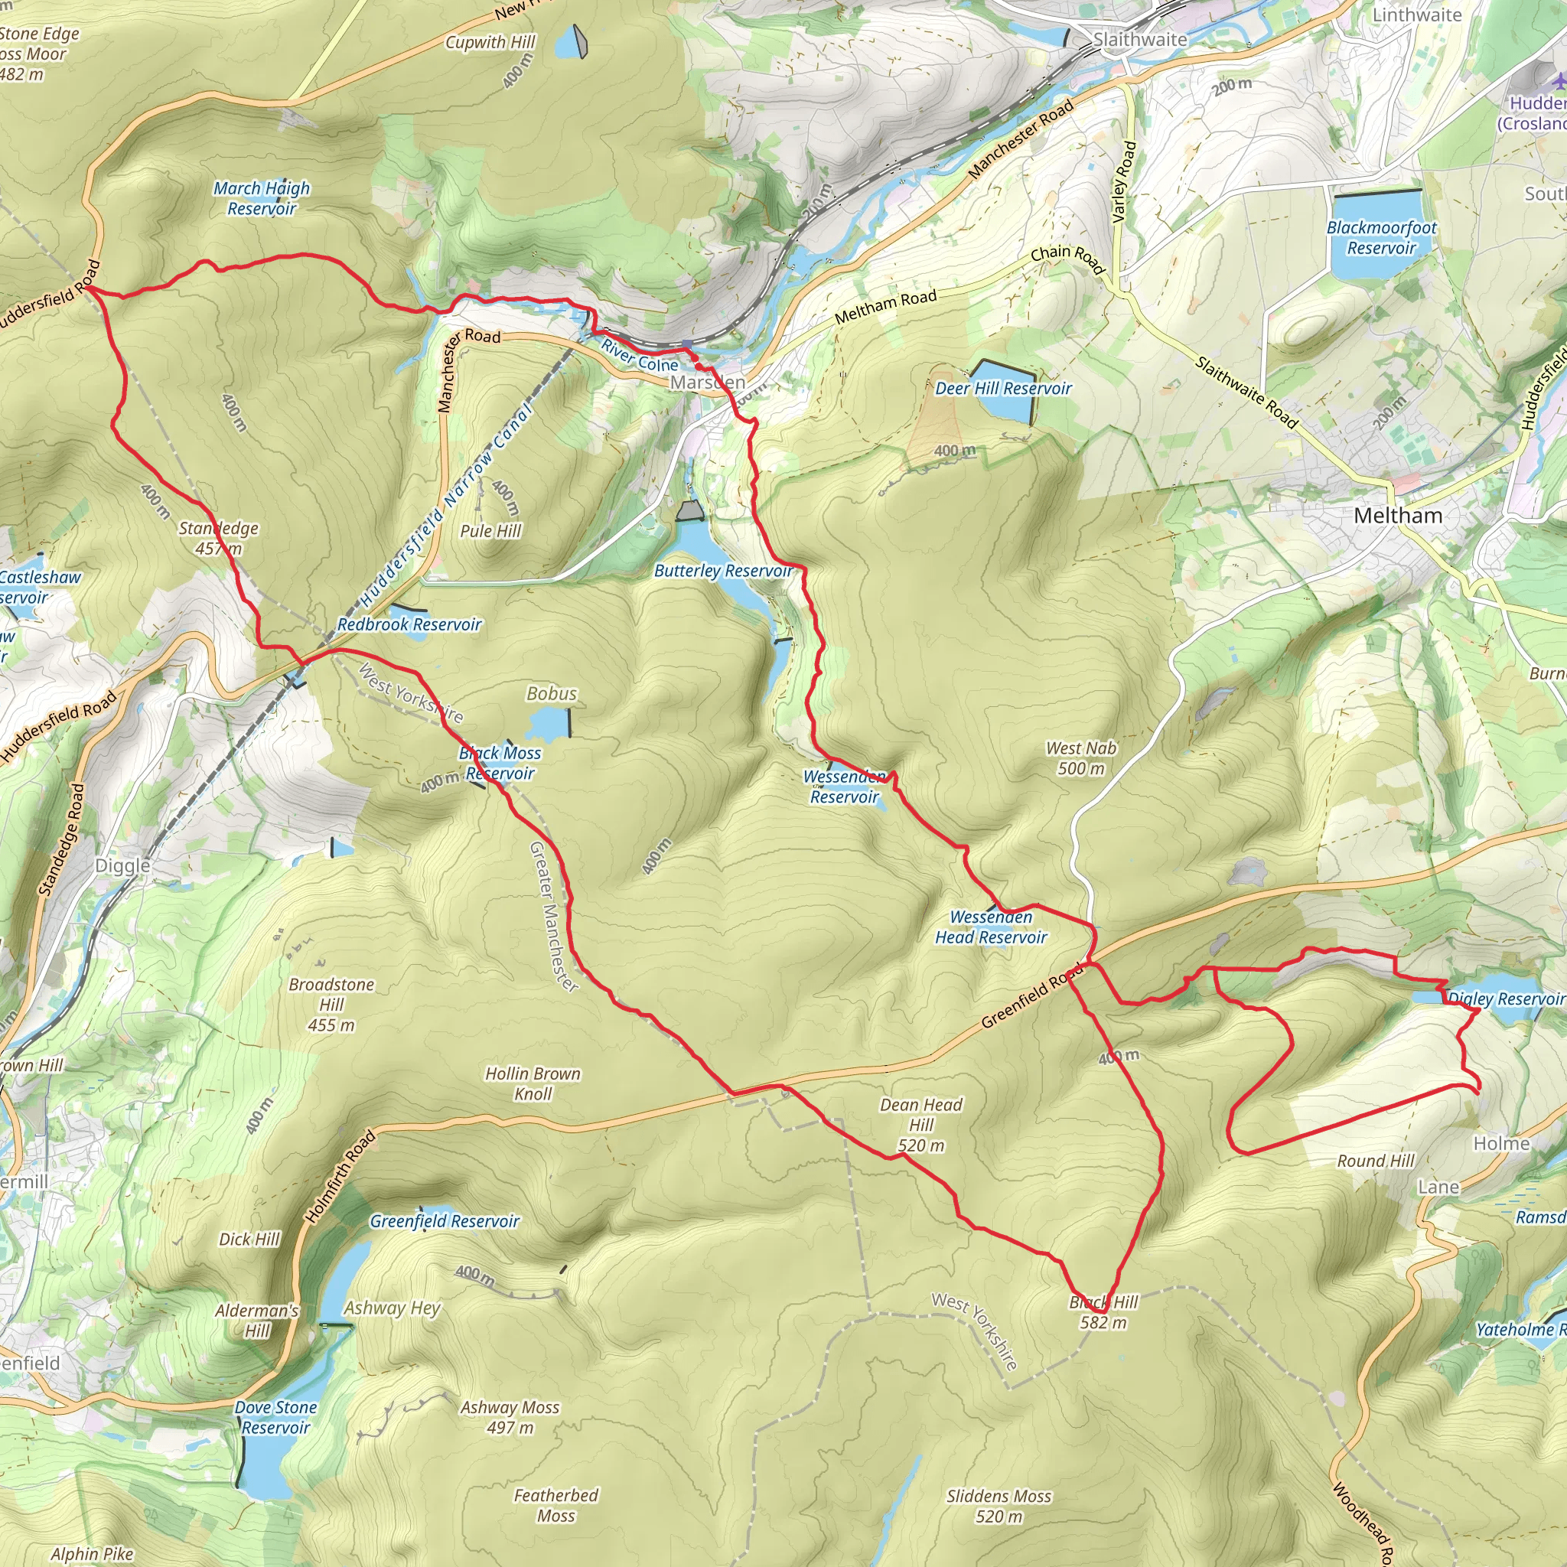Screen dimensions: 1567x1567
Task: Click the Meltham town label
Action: [1397, 516]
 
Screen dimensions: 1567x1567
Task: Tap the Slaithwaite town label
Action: [1139, 40]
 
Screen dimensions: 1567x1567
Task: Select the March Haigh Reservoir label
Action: [261, 199]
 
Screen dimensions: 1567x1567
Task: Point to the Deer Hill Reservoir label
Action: [1003, 389]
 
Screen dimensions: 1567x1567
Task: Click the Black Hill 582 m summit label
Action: [1103, 1312]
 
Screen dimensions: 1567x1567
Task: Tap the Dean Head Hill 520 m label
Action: [921, 1125]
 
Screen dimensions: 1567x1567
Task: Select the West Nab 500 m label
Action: [1080, 758]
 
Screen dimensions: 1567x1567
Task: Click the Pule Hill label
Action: [490, 531]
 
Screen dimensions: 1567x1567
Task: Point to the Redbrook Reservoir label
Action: [409, 624]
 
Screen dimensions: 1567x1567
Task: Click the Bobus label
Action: [552, 693]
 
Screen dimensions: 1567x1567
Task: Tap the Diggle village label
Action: [122, 865]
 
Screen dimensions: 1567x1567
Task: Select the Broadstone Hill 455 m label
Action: [331, 1004]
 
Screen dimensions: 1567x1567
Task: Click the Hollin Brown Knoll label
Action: [533, 1083]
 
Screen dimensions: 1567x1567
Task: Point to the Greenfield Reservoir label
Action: [445, 1221]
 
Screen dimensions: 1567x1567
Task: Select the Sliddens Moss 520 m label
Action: [999, 1506]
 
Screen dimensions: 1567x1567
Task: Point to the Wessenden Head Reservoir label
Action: [990, 927]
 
